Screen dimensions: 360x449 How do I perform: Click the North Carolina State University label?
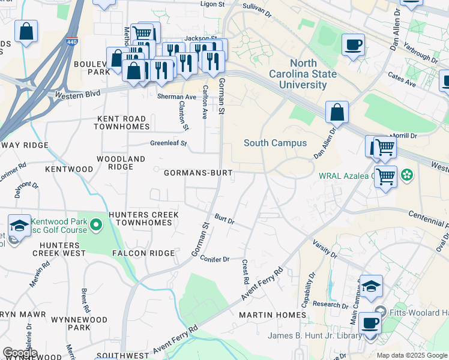(x=313, y=74)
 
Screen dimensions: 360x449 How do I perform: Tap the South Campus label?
(x=275, y=143)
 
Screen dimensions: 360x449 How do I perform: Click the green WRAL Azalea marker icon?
(x=407, y=175)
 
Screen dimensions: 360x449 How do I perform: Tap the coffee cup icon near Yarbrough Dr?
(x=353, y=44)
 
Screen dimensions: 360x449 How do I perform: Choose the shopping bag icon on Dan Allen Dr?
(x=337, y=112)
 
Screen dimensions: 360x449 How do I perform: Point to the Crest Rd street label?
(x=245, y=272)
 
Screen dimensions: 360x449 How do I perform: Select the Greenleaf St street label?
(x=169, y=143)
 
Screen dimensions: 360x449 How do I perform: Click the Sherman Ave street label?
(x=176, y=97)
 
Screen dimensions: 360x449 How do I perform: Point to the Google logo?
(x=20, y=353)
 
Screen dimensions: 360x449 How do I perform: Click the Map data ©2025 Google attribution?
(x=412, y=355)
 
